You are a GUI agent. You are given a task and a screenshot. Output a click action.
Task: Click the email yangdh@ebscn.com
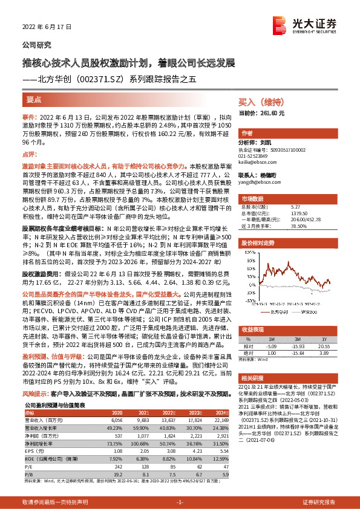(257, 181)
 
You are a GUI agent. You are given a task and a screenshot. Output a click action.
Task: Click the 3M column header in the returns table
(297, 339)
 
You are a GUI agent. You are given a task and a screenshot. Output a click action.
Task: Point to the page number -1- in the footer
(180, 502)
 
